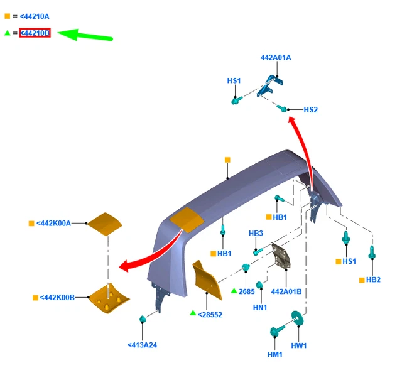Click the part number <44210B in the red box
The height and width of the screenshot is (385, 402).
tap(35, 33)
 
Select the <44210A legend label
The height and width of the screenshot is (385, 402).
tap(35, 16)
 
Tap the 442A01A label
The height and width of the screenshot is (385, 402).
tap(276, 58)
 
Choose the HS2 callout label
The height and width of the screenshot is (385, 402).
tap(310, 110)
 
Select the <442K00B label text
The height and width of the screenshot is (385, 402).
tap(57, 297)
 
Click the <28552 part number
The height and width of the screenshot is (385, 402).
tap(210, 314)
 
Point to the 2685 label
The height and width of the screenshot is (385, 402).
tap(246, 291)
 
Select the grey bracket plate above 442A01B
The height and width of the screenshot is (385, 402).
tap(280, 256)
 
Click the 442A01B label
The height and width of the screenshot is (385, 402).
tap(286, 291)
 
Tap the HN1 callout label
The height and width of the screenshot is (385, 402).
tap(260, 307)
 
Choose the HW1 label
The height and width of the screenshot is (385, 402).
tap(298, 345)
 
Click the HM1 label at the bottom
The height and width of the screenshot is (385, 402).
tap(274, 355)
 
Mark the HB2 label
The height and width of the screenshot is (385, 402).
tap(373, 279)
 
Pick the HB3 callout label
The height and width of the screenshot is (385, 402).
tap(256, 234)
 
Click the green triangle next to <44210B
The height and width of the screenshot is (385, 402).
tap(8, 33)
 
